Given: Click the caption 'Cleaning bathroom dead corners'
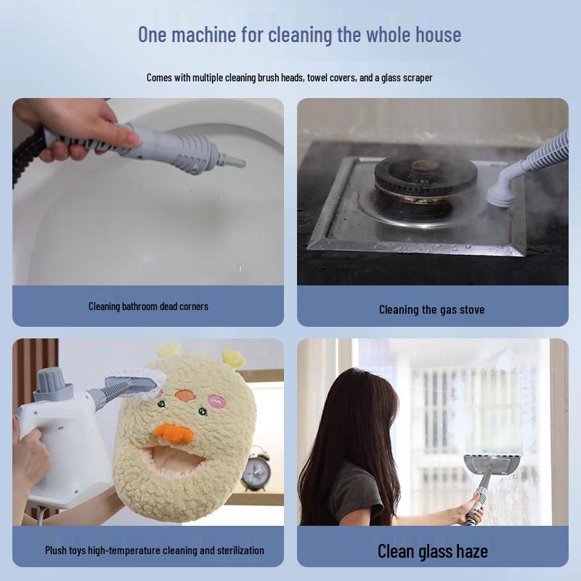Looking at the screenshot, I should [148, 306].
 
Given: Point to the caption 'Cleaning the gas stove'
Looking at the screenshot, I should [431, 309].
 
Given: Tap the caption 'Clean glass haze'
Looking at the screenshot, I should [432, 550].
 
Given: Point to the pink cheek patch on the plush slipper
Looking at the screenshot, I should [216, 400].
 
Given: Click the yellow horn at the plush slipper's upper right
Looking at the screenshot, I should [233, 357].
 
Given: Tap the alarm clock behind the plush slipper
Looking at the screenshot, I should [255, 472].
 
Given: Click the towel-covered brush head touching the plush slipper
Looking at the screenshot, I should [134, 383].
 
